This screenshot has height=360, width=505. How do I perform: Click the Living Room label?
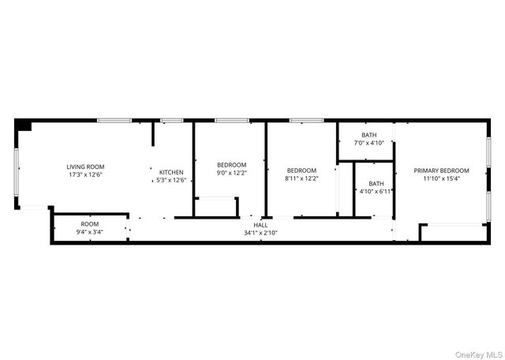(x=85, y=167)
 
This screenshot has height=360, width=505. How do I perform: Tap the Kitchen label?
(x=171, y=172)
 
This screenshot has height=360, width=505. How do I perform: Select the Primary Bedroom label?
(x=441, y=171)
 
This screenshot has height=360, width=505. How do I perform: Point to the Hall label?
(x=260, y=225)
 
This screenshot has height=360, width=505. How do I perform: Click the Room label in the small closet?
(x=89, y=224)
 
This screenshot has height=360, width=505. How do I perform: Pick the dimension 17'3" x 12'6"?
(x=85, y=174)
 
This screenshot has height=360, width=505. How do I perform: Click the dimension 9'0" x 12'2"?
(x=232, y=173)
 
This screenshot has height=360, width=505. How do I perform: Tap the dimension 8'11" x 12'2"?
(x=301, y=178)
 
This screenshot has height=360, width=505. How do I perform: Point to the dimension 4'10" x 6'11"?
(x=376, y=191)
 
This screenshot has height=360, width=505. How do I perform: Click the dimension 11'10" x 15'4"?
(x=441, y=178)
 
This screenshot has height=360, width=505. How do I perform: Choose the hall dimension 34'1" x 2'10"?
(x=260, y=233)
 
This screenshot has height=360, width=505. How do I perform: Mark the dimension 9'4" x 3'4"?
(x=89, y=232)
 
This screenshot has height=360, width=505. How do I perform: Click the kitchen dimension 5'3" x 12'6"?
(x=171, y=180)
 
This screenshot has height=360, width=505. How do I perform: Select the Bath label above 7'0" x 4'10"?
(x=369, y=135)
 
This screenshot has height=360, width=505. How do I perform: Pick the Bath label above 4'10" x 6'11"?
(x=376, y=183)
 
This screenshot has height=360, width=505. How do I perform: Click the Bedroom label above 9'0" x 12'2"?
(x=232, y=165)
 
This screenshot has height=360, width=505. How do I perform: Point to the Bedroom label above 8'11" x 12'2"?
(x=301, y=171)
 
